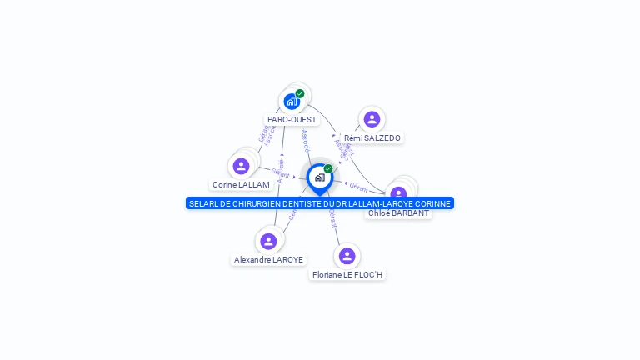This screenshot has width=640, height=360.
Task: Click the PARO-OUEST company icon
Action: [291, 102]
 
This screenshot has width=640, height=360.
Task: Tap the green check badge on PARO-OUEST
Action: [300, 93]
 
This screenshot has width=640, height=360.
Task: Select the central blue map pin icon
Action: [319, 177]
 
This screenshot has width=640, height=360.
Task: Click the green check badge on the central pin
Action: [328, 168]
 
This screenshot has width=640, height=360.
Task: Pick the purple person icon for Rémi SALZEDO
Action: [372, 119]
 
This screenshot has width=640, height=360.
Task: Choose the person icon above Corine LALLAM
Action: [241, 166]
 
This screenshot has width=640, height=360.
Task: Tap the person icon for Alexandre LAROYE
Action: [268, 241]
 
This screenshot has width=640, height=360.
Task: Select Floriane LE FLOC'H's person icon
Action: [347, 256]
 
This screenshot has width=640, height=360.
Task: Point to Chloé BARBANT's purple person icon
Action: [398, 194]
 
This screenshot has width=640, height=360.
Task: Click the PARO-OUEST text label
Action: [292, 120]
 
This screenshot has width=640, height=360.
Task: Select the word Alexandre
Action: [252, 260]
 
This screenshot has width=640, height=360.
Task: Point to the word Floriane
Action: [329, 275]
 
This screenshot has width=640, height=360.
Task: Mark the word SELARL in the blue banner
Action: [202, 203]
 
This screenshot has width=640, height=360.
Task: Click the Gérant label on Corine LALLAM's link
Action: [280, 172]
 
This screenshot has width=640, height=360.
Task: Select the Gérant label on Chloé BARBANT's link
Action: [358, 188]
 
